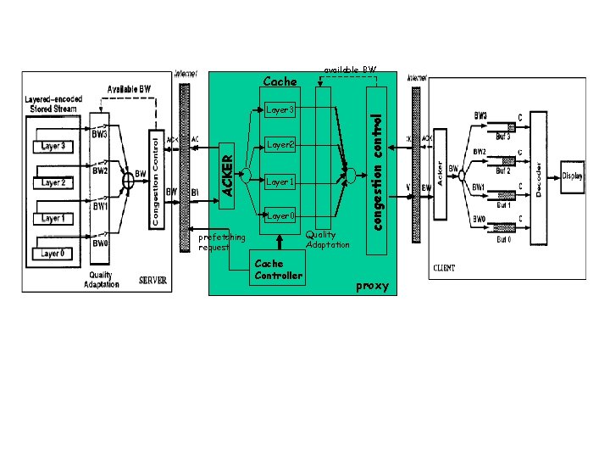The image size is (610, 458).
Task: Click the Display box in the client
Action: tap(573, 177)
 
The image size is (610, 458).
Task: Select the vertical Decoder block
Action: tap(538, 176)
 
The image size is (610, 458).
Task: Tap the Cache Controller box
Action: tap(278, 269)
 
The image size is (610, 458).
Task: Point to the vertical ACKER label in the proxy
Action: tap(227, 170)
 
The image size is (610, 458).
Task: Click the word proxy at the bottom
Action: tap(372, 286)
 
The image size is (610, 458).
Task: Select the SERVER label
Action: tap(152, 280)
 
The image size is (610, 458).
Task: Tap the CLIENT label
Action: tap(444, 268)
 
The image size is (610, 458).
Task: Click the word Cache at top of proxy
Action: tap(280, 82)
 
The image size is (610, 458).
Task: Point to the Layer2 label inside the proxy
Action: tap(280, 145)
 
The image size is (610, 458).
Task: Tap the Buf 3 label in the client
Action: tap(503, 137)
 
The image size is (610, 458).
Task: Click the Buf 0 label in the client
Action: tap(503, 240)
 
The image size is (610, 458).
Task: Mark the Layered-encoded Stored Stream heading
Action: tap(53, 103)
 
